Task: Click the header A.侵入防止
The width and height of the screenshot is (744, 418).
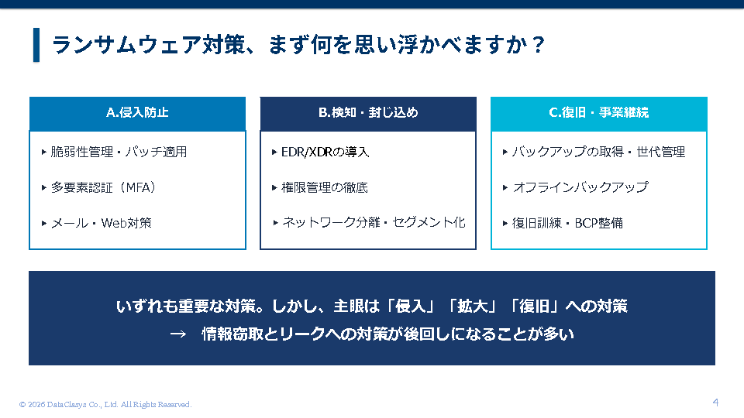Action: tap(137, 112)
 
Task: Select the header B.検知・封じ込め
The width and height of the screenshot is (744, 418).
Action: tap(368, 112)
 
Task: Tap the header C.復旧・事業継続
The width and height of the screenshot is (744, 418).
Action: tap(599, 112)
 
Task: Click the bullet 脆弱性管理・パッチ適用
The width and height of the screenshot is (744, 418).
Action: tap(119, 152)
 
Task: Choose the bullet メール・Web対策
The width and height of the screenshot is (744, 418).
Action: tap(101, 223)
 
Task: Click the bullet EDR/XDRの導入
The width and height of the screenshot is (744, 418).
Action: tap(325, 152)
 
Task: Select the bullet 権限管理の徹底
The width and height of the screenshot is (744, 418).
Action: tap(325, 187)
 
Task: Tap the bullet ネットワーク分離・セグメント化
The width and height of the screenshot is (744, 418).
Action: tap(374, 222)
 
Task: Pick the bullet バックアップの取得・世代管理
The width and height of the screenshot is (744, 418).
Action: tap(598, 152)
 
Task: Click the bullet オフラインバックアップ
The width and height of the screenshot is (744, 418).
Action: tap(580, 187)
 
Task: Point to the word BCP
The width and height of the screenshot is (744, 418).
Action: tap(586, 223)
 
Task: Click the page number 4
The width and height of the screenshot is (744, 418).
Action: tap(715, 403)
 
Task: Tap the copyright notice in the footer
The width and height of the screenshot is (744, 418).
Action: tap(105, 404)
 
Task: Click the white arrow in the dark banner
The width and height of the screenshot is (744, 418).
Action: tap(178, 334)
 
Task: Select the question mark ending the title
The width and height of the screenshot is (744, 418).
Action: tap(538, 45)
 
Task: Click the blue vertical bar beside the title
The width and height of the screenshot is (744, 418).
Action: tap(36, 45)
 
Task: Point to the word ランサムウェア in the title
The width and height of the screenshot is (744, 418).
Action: tap(126, 45)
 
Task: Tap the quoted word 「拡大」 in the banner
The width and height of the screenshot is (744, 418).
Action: tap(472, 307)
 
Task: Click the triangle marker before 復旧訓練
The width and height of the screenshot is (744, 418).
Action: tap(505, 223)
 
